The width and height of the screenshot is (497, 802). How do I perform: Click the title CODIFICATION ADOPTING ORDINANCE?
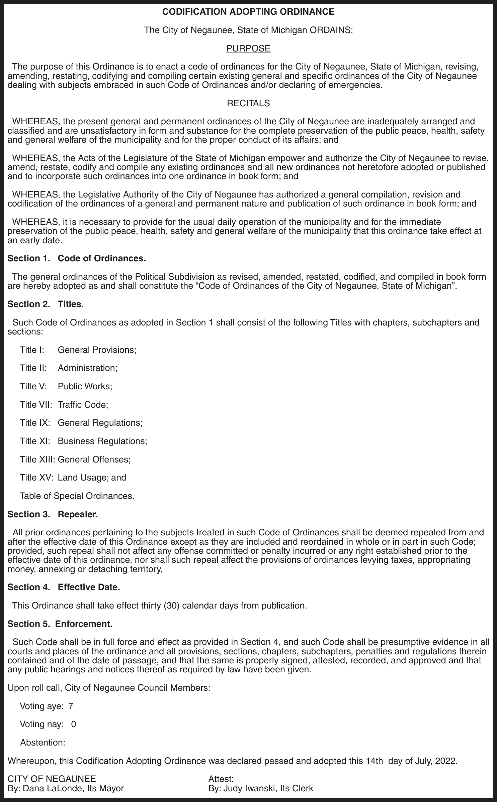click(x=248, y=12)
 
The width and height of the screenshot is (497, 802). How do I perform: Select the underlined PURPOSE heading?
click(x=248, y=48)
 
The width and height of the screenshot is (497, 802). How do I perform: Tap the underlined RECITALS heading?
click(x=248, y=103)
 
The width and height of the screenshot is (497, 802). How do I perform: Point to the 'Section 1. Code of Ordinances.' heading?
click(x=77, y=258)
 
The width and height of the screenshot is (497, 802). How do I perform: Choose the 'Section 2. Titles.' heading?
click(x=46, y=304)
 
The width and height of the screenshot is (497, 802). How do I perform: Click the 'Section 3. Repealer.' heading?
click(x=53, y=514)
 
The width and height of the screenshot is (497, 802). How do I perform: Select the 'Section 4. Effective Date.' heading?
click(x=64, y=587)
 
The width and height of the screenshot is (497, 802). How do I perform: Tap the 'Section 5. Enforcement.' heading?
click(x=60, y=624)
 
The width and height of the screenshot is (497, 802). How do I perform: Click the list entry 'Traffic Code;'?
click(x=83, y=405)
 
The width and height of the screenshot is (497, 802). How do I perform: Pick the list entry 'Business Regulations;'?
click(x=102, y=441)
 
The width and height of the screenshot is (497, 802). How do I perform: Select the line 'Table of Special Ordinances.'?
click(x=77, y=496)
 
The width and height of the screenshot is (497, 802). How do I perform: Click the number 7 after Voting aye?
click(x=71, y=706)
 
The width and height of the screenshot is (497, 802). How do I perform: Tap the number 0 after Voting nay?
click(x=74, y=724)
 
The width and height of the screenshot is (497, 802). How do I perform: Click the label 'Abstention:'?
click(x=43, y=743)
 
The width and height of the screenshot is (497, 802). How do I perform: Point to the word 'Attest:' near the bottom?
click(x=221, y=779)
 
